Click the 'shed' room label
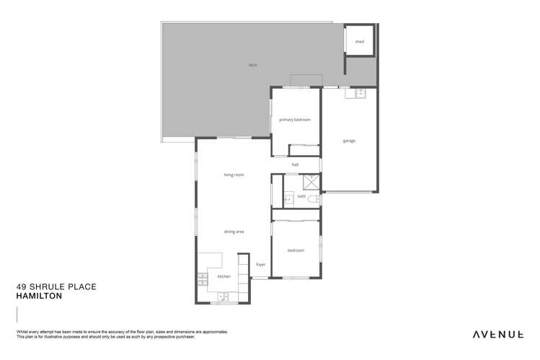click(x=359, y=42)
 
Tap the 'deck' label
click(x=252, y=65)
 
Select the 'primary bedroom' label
click(x=295, y=120)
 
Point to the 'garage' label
click(x=349, y=141)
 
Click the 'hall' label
click(x=295, y=165)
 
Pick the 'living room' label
click(x=234, y=175)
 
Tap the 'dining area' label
click(x=234, y=232)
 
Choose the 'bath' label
click(x=301, y=196)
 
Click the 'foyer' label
click(x=260, y=265)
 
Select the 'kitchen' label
click(x=223, y=277)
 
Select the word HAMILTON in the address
click(x=40, y=297)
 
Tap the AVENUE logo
click(x=498, y=334)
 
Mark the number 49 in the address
click(x=21, y=286)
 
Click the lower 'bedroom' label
click(x=296, y=250)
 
